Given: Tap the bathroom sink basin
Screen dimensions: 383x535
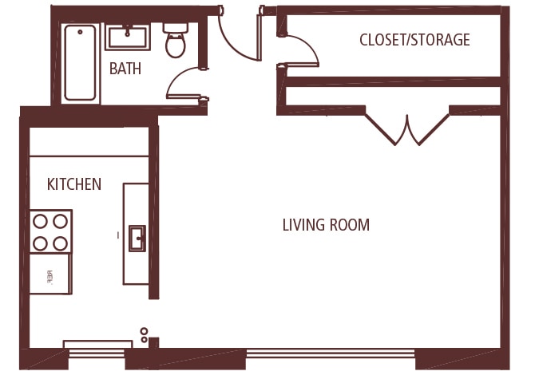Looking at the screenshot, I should click(128, 37).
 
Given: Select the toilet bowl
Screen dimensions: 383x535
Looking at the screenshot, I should click(176, 45).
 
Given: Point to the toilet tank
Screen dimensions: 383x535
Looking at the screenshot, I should click(176, 26).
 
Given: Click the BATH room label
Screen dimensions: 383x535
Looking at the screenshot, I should click(125, 69).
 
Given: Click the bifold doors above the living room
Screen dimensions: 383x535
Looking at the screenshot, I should click(407, 129).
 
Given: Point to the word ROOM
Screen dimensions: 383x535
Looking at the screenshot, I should click(351, 225).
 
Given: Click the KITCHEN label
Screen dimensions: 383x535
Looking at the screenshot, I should click(74, 184).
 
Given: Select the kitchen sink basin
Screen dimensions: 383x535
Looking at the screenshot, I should click(137, 238).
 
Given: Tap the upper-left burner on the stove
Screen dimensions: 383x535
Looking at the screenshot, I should click(40, 221).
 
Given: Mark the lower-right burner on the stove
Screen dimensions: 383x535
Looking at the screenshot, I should click(61, 243).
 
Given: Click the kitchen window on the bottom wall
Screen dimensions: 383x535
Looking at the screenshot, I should click(97, 345).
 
